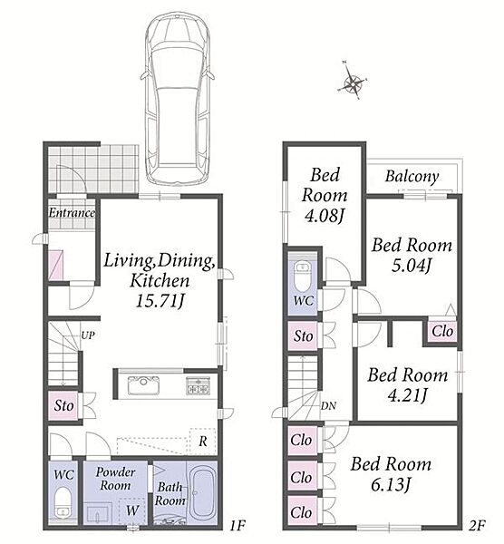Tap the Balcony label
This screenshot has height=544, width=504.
tap(412, 176)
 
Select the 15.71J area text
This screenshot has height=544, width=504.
tap(160, 300)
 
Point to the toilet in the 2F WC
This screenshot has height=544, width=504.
tap(303, 277)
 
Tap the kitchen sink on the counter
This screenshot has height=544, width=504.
tap(143, 385)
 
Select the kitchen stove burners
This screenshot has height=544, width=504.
tap(198, 385)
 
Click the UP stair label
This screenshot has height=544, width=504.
tap(88, 335)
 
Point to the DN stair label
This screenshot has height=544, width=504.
tap(328, 406)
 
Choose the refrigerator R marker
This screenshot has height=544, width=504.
tap(203, 442)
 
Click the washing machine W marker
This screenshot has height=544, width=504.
tap(132, 510)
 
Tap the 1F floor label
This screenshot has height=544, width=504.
tap(237, 525)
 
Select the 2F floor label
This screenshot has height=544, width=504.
tap(477, 525)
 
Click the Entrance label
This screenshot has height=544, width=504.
tap(72, 213)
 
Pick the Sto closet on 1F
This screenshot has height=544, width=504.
tap(63, 405)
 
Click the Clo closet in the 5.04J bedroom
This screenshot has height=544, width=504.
tap(442, 331)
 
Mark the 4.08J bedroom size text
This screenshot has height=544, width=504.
tap(324, 216)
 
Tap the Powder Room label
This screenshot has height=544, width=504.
tap(115, 479)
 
